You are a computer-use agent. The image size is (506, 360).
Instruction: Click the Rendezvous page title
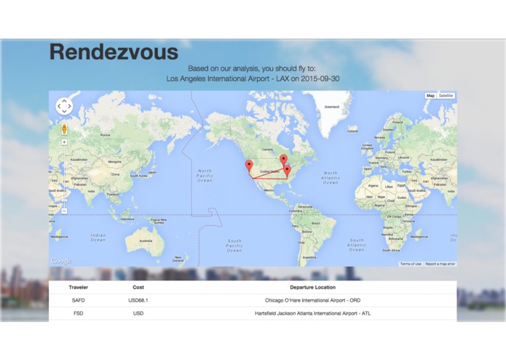(114, 52)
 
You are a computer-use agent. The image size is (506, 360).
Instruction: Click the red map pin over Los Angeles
(249, 165)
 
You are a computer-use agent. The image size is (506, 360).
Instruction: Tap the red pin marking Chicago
(283, 160)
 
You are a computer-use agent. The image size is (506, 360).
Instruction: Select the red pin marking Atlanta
(287, 170)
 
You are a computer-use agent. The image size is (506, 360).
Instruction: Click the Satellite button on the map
(446, 95)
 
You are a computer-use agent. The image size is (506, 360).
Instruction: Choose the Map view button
(430, 95)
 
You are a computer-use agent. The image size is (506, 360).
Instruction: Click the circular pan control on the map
(64, 106)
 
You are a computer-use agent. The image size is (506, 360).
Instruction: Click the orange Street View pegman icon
(64, 129)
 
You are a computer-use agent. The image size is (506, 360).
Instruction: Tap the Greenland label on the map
(331, 106)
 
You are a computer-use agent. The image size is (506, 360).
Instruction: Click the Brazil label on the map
(315, 222)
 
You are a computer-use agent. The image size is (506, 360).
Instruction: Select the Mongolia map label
(115, 161)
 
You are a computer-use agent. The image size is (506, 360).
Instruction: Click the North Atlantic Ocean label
(331, 178)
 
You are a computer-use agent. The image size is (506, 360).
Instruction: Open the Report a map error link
(440, 264)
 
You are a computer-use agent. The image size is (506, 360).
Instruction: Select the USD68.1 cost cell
(138, 300)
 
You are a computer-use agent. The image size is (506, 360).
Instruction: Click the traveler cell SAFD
(78, 300)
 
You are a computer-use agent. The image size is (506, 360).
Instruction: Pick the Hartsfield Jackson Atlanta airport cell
(312, 313)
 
